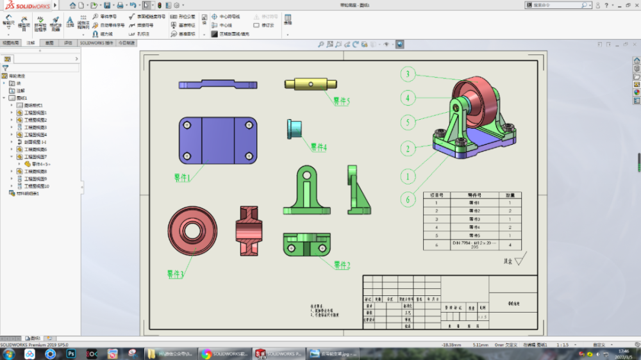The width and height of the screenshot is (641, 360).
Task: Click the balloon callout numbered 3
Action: point(407,74)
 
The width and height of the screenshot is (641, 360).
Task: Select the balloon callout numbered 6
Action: point(407,199)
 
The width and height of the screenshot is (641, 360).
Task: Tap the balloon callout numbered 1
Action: point(407,176)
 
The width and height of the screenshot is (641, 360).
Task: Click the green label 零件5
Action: point(341,101)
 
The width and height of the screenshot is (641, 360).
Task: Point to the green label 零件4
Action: point(319,147)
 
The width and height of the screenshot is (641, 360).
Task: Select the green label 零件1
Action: point(182,177)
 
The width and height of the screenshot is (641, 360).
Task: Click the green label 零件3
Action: point(176,274)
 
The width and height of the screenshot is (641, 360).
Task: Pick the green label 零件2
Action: point(342,265)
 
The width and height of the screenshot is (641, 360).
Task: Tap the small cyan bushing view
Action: point(294,128)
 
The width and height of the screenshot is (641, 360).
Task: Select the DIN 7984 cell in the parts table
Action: point(474,245)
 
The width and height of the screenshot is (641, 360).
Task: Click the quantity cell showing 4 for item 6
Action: point(510,245)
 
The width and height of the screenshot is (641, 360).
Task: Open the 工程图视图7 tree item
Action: point(35,156)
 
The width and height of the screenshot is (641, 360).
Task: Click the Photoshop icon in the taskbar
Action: point(71,354)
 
